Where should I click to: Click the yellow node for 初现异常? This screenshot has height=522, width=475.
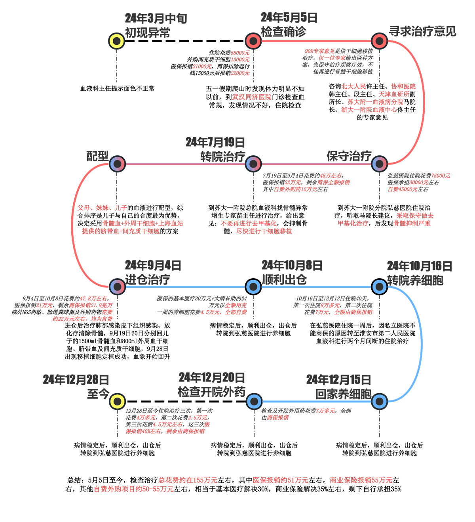pos(117,41)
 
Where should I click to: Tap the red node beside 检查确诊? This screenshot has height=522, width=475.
pos(253,41)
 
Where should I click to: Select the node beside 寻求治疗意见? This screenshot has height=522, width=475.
pos(379,41)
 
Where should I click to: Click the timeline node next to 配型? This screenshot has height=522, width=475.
pos(117,164)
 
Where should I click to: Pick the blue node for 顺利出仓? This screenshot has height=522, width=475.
pos(253,286)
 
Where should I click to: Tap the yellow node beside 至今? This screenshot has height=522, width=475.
pos(117,401)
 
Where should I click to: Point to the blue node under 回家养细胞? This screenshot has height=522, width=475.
pos(379,401)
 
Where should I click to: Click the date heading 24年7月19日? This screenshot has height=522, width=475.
pos(215,142)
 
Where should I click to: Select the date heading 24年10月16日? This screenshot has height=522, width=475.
pos(419,266)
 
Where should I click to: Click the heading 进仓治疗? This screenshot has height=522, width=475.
pos(148,279)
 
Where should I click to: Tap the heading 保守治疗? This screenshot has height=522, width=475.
pos(349,156)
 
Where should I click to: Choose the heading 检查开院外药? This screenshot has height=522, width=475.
pos(212,392)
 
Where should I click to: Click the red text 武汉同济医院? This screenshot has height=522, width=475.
pos(252,97)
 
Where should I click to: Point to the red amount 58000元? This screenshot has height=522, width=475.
pos(240,53)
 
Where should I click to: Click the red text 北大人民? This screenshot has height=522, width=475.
pos(354,86)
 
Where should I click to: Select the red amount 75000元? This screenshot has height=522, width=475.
pos(441,176)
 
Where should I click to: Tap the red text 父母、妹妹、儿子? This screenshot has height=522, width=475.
pos(102,208)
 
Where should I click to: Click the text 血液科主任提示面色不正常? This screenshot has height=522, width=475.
pos(118,88)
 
